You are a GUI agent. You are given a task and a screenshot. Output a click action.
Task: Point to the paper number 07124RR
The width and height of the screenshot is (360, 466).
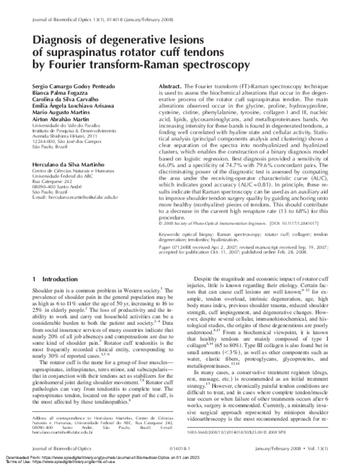182,246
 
